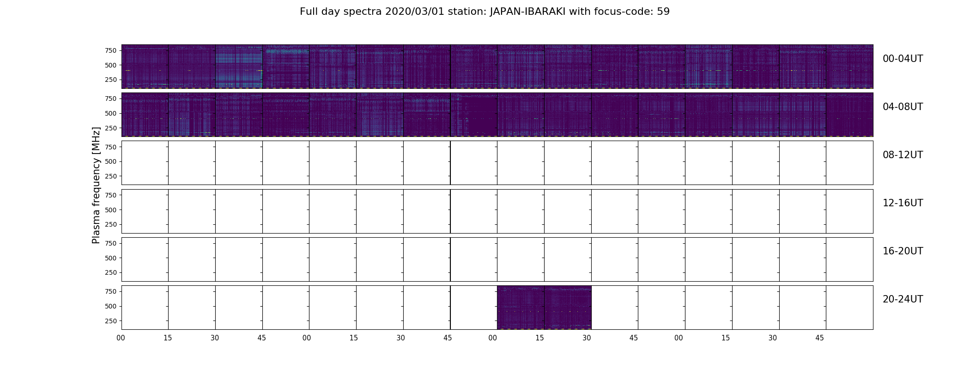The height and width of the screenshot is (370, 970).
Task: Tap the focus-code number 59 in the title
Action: pos(663,12)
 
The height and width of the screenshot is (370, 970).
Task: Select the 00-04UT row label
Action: pos(903,59)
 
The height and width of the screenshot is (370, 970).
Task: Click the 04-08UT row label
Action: pos(903,107)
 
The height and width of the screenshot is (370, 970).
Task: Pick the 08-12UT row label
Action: pos(903,155)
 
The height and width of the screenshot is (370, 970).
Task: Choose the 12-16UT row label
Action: pos(903,203)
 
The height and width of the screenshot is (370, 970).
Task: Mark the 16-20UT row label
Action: pos(903,251)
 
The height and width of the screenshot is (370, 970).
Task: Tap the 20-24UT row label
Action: pos(903,299)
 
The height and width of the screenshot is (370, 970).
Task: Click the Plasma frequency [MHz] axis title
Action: pos(96,185)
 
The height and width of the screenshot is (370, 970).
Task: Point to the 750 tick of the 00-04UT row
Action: pos(111,50)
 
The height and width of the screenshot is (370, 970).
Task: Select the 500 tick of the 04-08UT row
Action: pos(111,113)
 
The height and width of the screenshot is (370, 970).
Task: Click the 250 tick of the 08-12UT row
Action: pos(111,176)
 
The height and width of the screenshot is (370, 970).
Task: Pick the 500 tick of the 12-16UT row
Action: pos(111,210)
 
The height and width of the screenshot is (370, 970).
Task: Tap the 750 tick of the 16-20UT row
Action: pos(111,243)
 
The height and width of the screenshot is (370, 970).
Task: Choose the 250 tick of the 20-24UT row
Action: pos(111,321)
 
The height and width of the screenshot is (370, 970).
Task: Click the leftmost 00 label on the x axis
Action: pos(121,338)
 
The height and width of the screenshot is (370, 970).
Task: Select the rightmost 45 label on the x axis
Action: pos(819,338)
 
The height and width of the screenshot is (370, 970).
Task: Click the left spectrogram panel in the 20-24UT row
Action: pos(521,307)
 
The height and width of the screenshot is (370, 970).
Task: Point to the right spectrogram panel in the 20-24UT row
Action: pos(568,307)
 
